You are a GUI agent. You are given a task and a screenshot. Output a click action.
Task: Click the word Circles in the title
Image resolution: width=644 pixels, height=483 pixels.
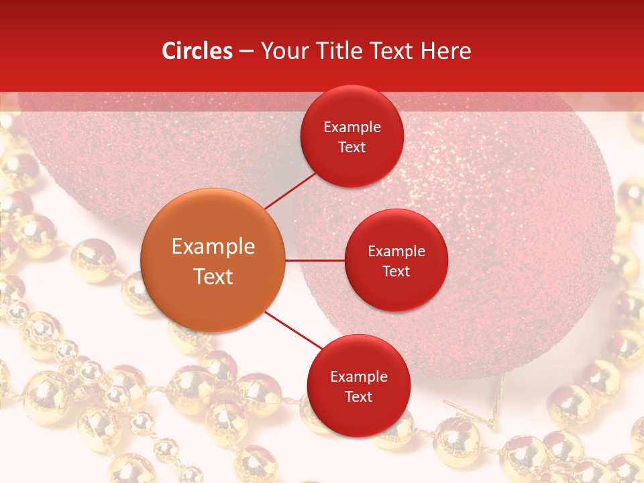197,51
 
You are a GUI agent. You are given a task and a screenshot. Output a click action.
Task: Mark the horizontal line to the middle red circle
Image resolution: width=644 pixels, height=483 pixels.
315,260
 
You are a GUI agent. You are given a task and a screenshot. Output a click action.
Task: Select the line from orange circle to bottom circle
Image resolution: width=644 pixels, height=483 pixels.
293,331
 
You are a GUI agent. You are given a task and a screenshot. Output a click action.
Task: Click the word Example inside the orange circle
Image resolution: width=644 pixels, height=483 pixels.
213,247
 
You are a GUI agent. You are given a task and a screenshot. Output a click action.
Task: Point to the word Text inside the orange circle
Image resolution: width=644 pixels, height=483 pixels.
213,276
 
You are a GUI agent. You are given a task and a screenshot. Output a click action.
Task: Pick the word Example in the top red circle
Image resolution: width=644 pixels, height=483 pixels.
352,127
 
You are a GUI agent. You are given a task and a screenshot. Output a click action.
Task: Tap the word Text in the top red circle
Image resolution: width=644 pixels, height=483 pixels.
352,147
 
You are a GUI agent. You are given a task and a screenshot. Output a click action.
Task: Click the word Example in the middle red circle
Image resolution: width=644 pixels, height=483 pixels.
396,252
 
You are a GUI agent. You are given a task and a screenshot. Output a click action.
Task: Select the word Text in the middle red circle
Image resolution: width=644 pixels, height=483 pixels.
396,271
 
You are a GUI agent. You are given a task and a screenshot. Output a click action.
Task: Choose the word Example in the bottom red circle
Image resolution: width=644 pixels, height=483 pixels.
359,377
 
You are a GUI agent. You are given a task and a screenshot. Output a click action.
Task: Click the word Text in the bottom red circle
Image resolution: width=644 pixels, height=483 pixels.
359,396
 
